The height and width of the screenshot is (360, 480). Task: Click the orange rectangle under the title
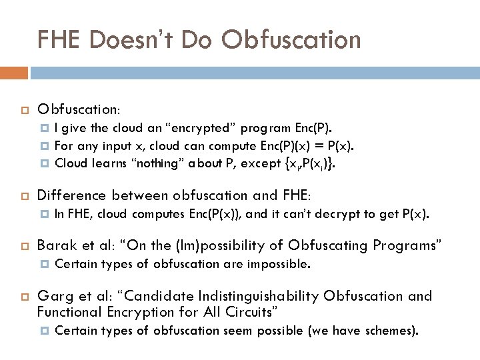(x=13, y=72)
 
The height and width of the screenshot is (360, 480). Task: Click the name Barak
(x=57, y=246)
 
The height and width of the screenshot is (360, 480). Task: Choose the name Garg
(x=55, y=296)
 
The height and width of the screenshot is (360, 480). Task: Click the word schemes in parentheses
(x=390, y=331)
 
